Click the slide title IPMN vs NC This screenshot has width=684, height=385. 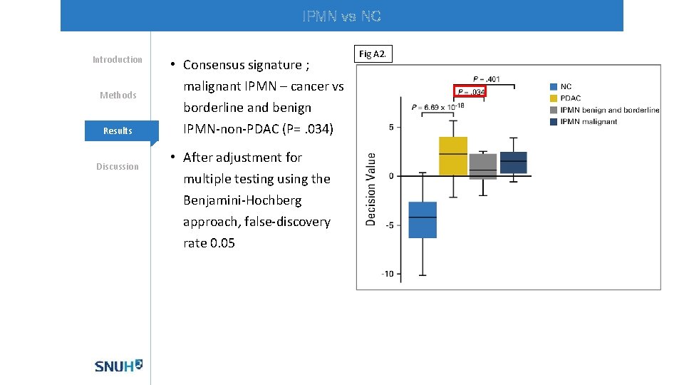pyautogui.click(x=341, y=16)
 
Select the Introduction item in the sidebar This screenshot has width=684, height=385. pyautogui.click(x=118, y=59)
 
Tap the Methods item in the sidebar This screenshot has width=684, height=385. pyautogui.click(x=118, y=95)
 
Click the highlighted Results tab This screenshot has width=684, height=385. pyautogui.click(x=118, y=130)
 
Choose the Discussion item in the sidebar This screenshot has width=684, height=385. pyautogui.click(x=118, y=166)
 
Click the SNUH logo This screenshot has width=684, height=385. pyautogui.click(x=118, y=366)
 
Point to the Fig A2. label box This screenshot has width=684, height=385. pyautogui.click(x=373, y=54)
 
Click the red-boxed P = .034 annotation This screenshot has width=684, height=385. pyautogui.click(x=470, y=92)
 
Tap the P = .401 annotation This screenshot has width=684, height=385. pyautogui.click(x=486, y=79)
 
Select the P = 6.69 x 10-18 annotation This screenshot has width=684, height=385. pyautogui.click(x=437, y=107)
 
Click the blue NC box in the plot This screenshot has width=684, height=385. pyautogui.click(x=423, y=220)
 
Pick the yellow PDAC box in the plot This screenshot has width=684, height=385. pyautogui.click(x=453, y=156)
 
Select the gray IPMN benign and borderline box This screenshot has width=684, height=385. pyautogui.click(x=483, y=166)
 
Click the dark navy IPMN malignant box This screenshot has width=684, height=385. pyautogui.click(x=513, y=163)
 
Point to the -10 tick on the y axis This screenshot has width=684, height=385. pyautogui.click(x=388, y=274)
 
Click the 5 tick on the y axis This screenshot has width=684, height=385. pyautogui.click(x=390, y=127)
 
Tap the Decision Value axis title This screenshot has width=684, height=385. pyautogui.click(x=371, y=189)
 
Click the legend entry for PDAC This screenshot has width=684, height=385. pyautogui.click(x=570, y=98)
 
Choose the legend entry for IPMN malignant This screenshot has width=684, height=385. pyautogui.click(x=589, y=121)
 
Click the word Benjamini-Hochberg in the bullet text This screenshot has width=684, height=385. pyautogui.click(x=242, y=200)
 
